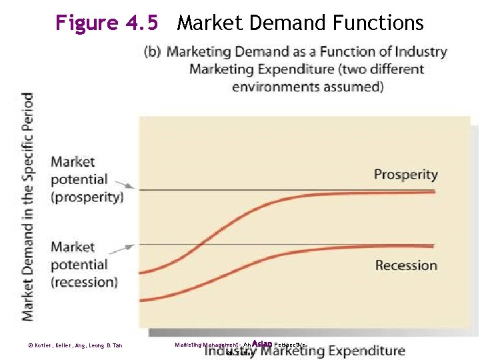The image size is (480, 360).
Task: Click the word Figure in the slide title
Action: click(87, 23)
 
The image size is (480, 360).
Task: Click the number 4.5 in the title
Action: click(141, 23)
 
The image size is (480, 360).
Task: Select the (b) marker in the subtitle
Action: click(153, 52)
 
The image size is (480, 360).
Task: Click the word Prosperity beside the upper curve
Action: click(405, 175)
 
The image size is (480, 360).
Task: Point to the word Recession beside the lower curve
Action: click(406, 265)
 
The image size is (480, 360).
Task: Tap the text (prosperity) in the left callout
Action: click(87, 197)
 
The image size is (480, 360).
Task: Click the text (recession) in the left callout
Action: click(84, 281)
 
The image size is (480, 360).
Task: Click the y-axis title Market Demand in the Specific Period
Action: click(27, 207)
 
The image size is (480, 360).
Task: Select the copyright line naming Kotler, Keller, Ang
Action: click(75, 345)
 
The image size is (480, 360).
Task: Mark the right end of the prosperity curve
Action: click(434, 192)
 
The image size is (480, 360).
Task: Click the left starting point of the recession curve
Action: click(141, 301)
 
